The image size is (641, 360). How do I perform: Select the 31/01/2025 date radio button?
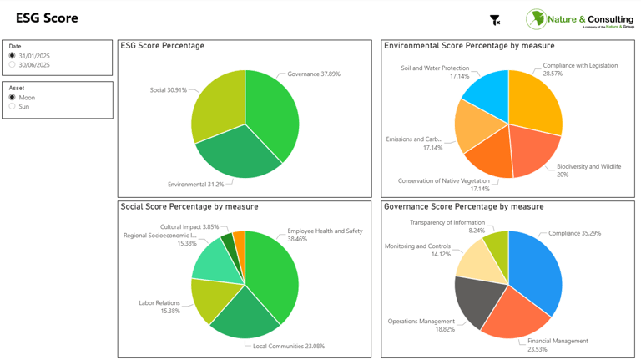click(13, 56)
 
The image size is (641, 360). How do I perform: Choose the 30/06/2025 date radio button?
click(13, 65)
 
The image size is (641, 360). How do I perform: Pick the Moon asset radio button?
click(13, 98)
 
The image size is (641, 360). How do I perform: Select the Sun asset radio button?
click(13, 107)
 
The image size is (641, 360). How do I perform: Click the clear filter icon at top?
click(495, 19)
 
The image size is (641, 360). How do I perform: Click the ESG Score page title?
click(47, 18)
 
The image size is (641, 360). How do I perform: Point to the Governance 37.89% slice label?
click(313, 74)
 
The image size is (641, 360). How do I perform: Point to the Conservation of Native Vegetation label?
click(444, 181)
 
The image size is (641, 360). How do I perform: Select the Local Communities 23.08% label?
click(289, 346)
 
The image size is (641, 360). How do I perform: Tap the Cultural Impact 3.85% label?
click(189, 227)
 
